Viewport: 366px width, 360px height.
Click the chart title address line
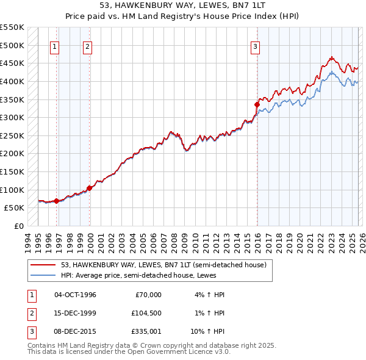click(x=183, y=5)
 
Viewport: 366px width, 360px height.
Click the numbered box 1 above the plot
click(x=55, y=46)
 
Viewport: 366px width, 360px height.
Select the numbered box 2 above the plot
click(x=88, y=46)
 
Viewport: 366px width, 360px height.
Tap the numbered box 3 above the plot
click(x=255, y=46)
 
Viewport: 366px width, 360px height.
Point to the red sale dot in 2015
click(x=257, y=104)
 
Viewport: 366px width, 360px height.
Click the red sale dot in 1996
click(x=57, y=200)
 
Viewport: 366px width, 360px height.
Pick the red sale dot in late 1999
click(x=90, y=188)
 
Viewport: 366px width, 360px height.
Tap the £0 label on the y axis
click(x=18, y=226)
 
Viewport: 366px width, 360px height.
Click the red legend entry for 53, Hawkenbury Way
click(x=163, y=265)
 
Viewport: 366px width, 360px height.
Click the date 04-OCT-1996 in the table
click(x=75, y=295)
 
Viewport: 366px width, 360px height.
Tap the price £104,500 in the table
click(x=146, y=313)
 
